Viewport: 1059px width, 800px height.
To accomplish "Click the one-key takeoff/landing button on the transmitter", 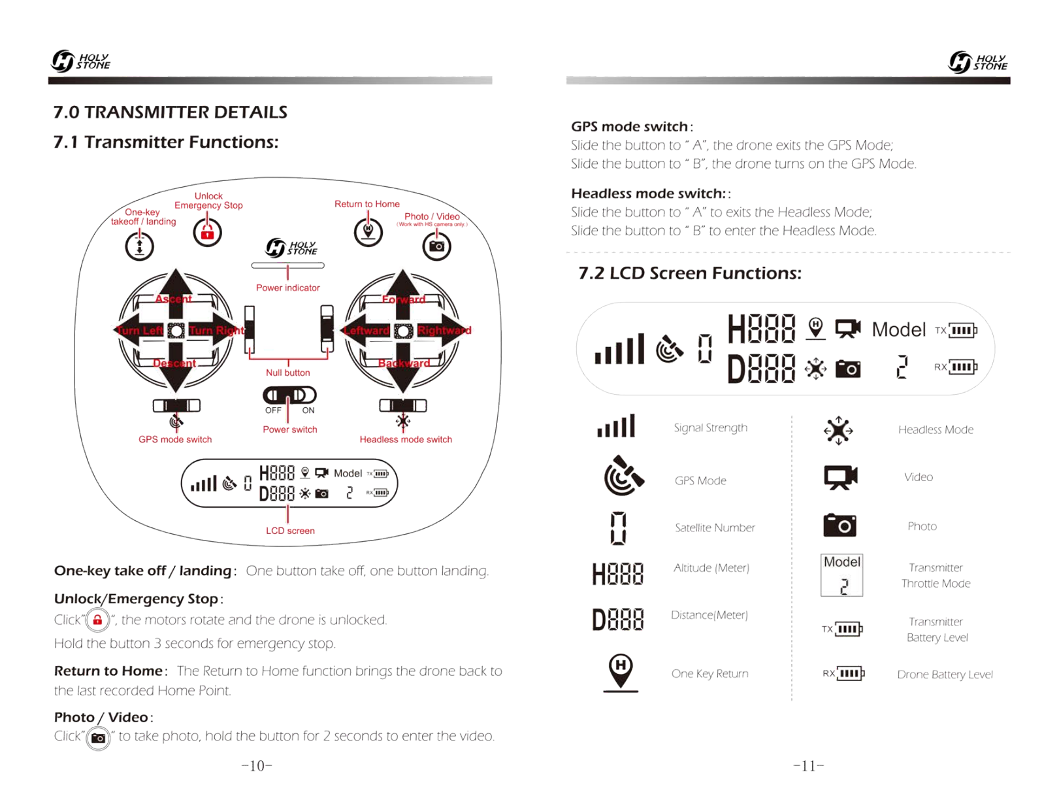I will pos(139,246).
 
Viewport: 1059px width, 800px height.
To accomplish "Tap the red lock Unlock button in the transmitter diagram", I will pos(207,233).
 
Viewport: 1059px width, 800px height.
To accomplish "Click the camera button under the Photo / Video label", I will pos(436,246).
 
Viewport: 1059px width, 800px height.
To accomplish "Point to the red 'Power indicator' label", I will pos(287,288).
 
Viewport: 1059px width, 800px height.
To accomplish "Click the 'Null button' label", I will pos(287,373).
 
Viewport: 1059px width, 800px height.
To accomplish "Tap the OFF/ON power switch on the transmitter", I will pos(289,395).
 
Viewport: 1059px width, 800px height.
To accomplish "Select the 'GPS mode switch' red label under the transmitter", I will pos(175,439).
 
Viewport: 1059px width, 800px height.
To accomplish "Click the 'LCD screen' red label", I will pos(290,531).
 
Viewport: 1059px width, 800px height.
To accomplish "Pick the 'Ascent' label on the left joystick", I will pos(174,299).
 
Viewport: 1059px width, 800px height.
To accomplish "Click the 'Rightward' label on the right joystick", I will pos(444,330).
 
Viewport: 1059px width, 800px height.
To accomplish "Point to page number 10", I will pos(257,766).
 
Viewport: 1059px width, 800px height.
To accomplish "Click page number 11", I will pos(809,766).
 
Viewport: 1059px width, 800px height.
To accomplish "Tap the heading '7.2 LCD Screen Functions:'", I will pos(690,273).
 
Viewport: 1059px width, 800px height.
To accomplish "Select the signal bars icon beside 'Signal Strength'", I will pos(615,426).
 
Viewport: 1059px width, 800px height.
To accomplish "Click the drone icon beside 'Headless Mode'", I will pos(838,430).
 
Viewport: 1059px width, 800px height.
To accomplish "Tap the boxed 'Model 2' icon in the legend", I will pos(841,575).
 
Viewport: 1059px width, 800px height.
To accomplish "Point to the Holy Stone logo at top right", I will pos(978,62).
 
